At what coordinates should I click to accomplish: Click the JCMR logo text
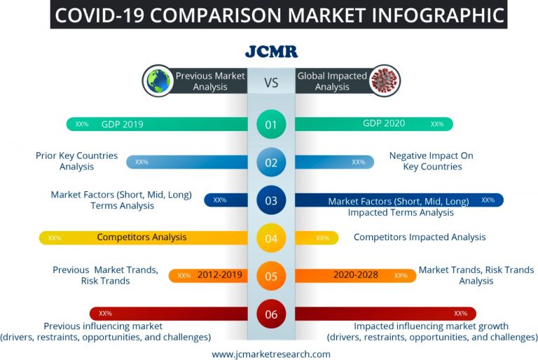tap(271, 51)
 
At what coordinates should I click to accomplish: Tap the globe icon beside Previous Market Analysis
tap(158, 81)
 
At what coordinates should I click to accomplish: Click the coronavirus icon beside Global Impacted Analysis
tap(385, 81)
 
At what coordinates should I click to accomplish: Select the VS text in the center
tap(271, 83)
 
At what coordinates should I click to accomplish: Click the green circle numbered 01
tap(271, 125)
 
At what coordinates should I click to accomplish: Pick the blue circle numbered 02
tap(271, 162)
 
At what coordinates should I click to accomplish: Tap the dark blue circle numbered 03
tap(271, 201)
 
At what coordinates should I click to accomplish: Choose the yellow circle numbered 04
tap(271, 239)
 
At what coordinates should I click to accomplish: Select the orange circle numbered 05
tap(271, 276)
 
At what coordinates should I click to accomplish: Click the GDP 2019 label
tap(122, 125)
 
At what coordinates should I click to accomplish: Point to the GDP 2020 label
tap(384, 123)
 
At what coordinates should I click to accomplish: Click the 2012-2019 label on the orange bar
tap(220, 275)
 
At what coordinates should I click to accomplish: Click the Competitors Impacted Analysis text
tap(419, 237)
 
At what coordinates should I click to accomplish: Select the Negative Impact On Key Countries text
tap(432, 161)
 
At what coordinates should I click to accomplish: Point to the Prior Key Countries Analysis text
tap(76, 161)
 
